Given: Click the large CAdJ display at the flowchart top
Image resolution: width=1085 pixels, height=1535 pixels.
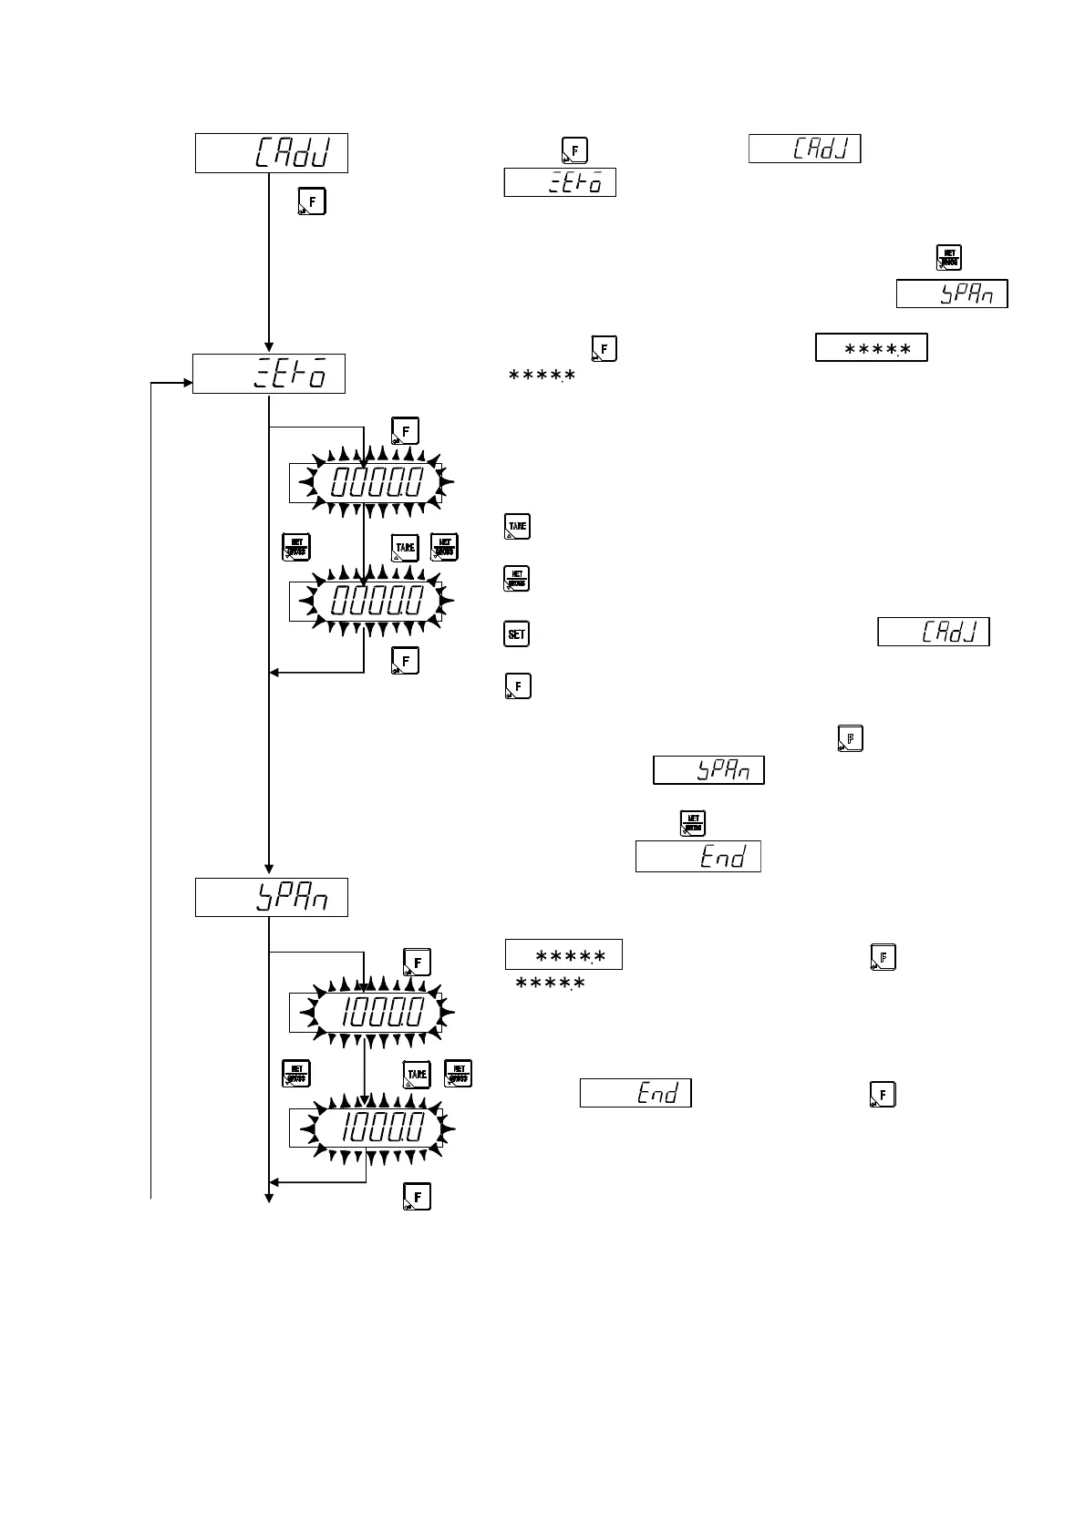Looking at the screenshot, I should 272,152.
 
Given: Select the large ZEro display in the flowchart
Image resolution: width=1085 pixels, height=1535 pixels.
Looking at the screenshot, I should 269,374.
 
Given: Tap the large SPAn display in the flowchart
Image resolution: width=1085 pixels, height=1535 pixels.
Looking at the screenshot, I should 272,898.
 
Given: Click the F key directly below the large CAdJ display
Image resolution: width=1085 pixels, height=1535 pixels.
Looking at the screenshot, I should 313,201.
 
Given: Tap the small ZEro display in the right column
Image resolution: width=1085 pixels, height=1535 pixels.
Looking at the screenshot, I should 560,182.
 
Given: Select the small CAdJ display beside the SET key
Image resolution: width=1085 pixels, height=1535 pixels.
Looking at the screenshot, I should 934,632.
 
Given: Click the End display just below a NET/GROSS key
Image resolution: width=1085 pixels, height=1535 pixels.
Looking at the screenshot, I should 698,857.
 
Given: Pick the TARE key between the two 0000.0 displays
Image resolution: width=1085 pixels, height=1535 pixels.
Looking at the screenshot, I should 405,548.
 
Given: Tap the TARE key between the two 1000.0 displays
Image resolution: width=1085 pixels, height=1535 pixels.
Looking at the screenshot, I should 417,1075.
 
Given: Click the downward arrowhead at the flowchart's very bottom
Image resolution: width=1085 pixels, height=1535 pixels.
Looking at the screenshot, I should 269,1197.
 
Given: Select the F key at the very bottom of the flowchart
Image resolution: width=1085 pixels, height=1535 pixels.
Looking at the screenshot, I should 417,1196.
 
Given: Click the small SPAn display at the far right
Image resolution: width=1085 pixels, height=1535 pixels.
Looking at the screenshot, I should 952,294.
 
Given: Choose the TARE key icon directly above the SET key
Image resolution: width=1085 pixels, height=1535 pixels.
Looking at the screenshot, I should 517,527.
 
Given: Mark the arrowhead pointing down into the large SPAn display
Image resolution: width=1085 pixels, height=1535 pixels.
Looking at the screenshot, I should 269,869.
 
